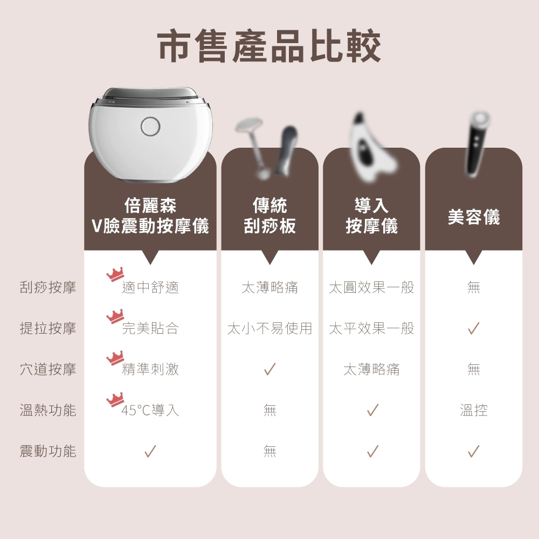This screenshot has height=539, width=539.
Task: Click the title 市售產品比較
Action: [x=269, y=46]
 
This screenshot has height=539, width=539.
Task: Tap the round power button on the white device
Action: [x=150, y=127]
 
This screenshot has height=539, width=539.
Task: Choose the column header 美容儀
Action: [x=474, y=217]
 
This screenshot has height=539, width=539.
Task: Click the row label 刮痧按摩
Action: [x=48, y=287]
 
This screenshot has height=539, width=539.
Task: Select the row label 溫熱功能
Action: [x=48, y=410]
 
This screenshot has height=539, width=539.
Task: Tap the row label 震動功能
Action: [x=48, y=451]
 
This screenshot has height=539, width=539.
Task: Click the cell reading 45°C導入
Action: [x=150, y=411]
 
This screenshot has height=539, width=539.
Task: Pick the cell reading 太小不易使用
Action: [x=269, y=328]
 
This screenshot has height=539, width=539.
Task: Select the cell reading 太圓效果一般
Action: [x=371, y=287]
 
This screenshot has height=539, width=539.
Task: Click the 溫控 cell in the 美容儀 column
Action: [x=474, y=411]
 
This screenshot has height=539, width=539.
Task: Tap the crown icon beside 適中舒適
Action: [x=115, y=275]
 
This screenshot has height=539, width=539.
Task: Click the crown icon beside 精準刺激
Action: [x=115, y=357]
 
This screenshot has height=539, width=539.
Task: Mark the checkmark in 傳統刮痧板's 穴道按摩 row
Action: [x=269, y=369]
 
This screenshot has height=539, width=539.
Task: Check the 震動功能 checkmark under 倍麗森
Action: [x=150, y=451]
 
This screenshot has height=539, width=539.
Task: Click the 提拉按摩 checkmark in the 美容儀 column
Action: [x=474, y=328]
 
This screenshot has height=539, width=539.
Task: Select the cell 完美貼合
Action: [x=150, y=328]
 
